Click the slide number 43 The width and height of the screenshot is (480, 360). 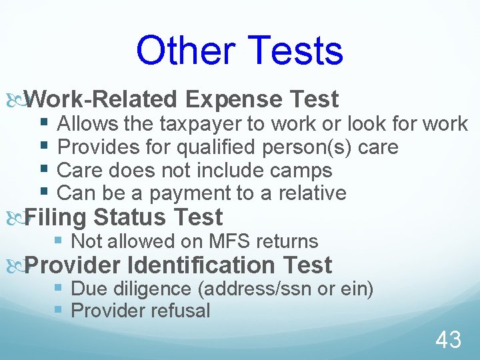448,341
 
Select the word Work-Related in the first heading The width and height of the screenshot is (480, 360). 103,100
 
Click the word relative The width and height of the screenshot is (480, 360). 313,194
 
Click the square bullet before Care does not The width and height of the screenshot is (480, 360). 44,170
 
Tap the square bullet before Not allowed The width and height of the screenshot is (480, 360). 59,241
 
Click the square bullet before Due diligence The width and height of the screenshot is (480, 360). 59,289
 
